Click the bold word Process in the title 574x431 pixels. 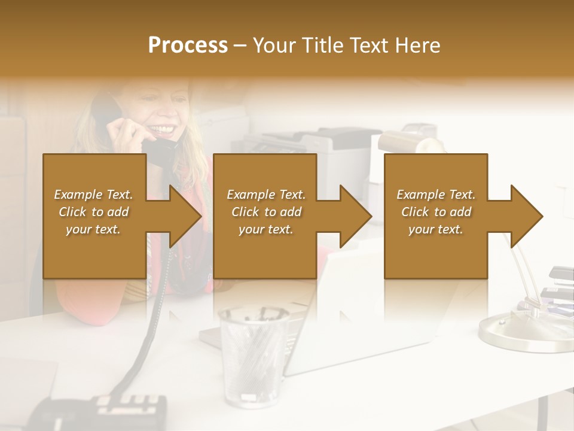(x=188, y=45)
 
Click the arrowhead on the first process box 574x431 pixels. (x=185, y=216)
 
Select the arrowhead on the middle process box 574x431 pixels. (x=356, y=216)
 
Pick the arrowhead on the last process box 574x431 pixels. (x=526, y=216)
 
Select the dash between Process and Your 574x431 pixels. (x=240, y=45)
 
